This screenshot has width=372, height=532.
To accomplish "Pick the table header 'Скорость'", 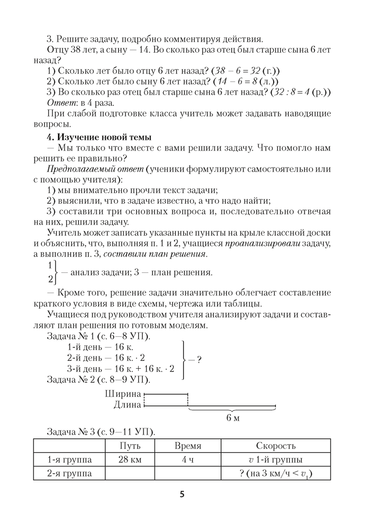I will coord(276,445).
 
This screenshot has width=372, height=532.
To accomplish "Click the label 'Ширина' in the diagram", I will coord(123,394).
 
